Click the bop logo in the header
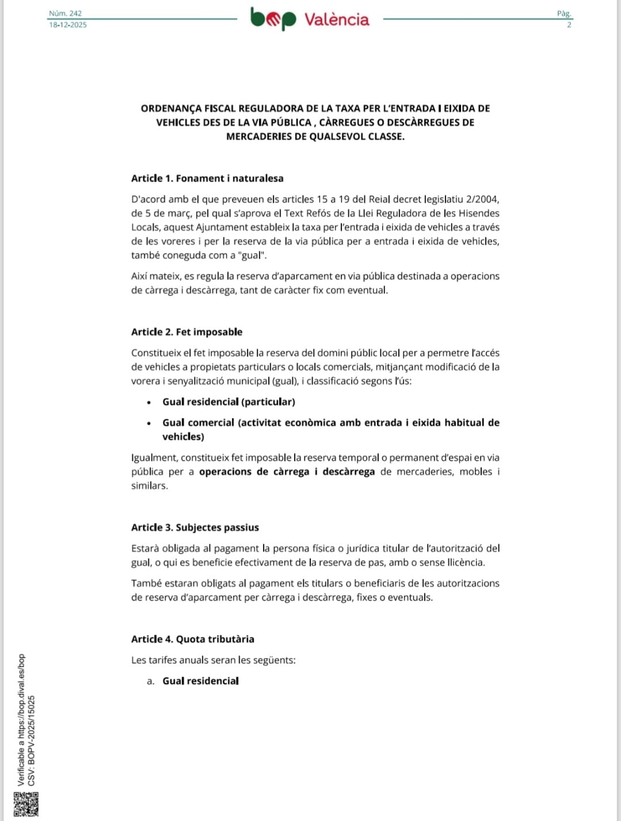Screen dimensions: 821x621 coord(273,19)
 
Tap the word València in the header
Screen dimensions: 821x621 coord(337,20)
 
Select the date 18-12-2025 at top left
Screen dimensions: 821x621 coord(68,25)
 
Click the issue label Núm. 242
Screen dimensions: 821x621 coord(65,13)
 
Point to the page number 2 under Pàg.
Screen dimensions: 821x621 coord(569,25)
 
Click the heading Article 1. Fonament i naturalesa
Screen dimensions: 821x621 coord(207,178)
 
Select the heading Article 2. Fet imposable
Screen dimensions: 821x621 coord(186,332)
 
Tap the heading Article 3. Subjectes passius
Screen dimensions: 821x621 coord(195,527)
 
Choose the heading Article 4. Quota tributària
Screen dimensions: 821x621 coord(193,639)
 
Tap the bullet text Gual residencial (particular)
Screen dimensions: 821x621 coord(228,402)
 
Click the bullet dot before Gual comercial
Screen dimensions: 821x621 coord(149,423)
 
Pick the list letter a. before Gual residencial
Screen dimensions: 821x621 coord(151,681)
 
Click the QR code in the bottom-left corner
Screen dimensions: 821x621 coord(26,804)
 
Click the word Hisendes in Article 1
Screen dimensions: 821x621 coord(480,213)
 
